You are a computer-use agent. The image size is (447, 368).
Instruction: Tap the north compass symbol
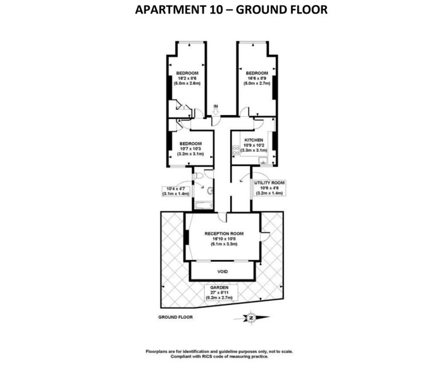pos(251,318)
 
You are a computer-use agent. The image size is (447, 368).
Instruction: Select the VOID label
pos(222,272)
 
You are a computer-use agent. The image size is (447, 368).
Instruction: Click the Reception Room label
pos(224,234)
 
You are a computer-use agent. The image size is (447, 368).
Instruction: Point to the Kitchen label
pos(254,140)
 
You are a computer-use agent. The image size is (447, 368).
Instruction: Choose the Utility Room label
pos(269,183)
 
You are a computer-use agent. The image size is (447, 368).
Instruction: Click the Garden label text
pos(219,287)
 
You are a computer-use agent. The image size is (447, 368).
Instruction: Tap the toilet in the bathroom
pos(198,176)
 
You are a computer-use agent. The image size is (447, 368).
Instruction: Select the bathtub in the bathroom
pos(203,205)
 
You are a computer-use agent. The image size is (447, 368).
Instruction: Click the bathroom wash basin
pos(211,190)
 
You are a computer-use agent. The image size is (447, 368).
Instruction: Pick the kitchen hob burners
pos(236,150)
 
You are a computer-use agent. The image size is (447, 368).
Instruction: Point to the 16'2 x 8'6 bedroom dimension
pos(187,78)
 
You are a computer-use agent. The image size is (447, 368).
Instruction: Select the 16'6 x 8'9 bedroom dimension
pos(256,78)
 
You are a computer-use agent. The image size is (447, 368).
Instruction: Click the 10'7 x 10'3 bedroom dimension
pos(191,149)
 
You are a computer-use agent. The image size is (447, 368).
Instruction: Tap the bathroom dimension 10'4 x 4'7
pos(175,188)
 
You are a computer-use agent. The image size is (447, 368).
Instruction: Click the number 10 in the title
pos(216,10)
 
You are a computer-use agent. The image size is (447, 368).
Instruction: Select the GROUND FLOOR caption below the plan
pos(175,317)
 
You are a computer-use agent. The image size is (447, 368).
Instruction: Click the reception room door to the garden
pos(265,236)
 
